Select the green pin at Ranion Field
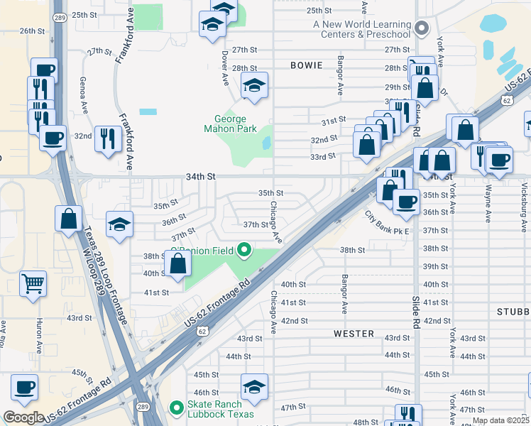coord(244,250)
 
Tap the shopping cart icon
coord(33,284)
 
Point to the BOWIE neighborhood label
coord(307,65)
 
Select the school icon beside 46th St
coord(254,387)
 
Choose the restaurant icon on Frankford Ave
coord(108,138)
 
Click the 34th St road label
coord(201,175)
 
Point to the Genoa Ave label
coord(84,94)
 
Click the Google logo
coord(23,417)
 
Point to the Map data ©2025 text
coord(500,420)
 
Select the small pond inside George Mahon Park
coord(266,143)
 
